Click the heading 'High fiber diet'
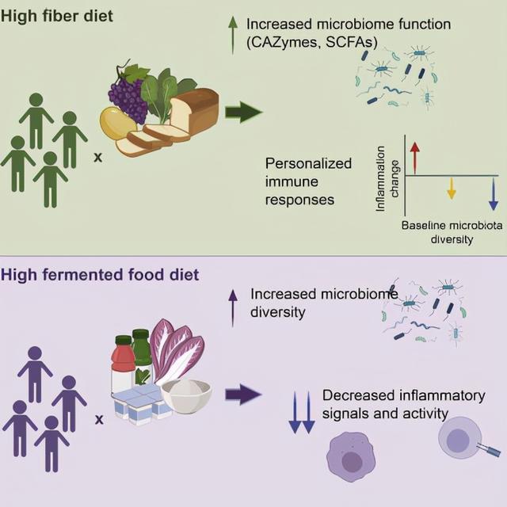(x=56, y=16)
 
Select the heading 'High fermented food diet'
(x=100, y=276)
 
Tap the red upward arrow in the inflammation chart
(x=414, y=158)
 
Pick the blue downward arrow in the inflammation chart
(x=493, y=193)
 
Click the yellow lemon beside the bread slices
(x=117, y=124)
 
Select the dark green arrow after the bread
(x=244, y=112)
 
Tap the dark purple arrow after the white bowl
(x=243, y=395)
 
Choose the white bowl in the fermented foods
(x=187, y=396)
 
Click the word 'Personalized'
(x=308, y=163)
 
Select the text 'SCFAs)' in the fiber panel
(x=352, y=42)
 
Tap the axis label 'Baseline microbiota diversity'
(x=452, y=232)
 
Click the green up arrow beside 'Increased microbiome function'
(x=233, y=36)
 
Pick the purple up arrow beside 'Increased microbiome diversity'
(x=233, y=307)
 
